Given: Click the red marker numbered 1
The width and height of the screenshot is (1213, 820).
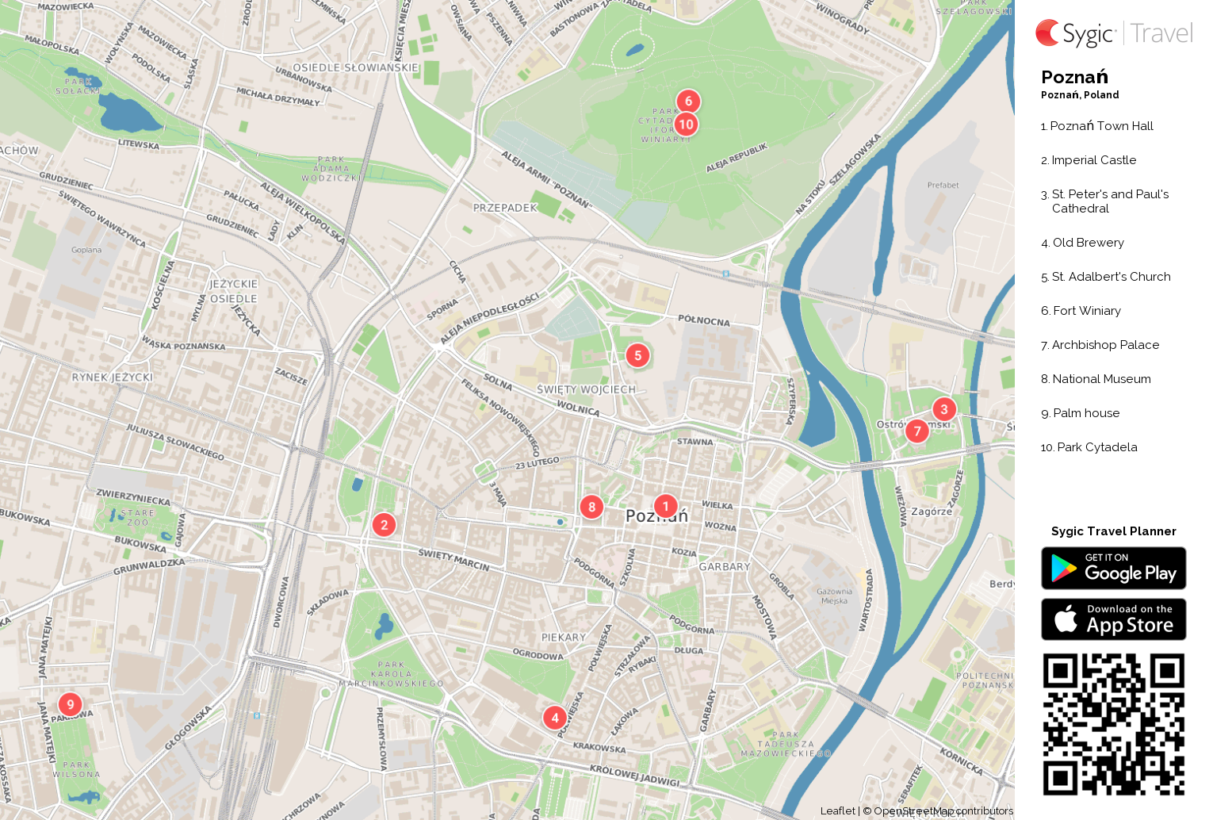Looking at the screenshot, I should point(665,506).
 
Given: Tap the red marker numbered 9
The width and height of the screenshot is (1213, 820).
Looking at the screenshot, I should point(70,704).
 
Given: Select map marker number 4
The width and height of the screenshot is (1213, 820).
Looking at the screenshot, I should point(554,718).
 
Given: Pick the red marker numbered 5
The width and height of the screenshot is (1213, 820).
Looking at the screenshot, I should point(637,355).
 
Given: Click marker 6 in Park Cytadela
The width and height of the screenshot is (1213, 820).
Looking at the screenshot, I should point(688,101).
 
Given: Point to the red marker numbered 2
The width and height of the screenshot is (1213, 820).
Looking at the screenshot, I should point(384,524).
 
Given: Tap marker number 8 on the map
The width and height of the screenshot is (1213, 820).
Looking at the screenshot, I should point(591,507).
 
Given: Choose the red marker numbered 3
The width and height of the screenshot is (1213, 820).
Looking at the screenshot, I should point(943,409).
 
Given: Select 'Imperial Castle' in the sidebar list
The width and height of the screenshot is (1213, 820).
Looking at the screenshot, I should point(1093,160).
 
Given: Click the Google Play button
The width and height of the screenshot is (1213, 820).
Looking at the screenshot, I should point(1113,569).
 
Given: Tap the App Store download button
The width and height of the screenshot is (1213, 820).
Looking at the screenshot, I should point(1113,619).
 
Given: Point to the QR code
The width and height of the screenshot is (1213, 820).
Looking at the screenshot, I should point(1113,724).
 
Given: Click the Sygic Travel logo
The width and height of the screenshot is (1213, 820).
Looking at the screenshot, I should point(1113,33).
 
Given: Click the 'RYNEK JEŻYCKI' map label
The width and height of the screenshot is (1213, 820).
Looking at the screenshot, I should point(112,377).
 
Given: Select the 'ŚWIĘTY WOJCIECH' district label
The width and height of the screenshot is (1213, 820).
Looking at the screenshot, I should point(586,389).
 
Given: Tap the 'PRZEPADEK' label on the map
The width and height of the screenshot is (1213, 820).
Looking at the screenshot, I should point(505,208).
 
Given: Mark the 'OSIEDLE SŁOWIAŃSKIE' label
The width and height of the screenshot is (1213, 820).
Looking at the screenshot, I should point(355,68).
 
